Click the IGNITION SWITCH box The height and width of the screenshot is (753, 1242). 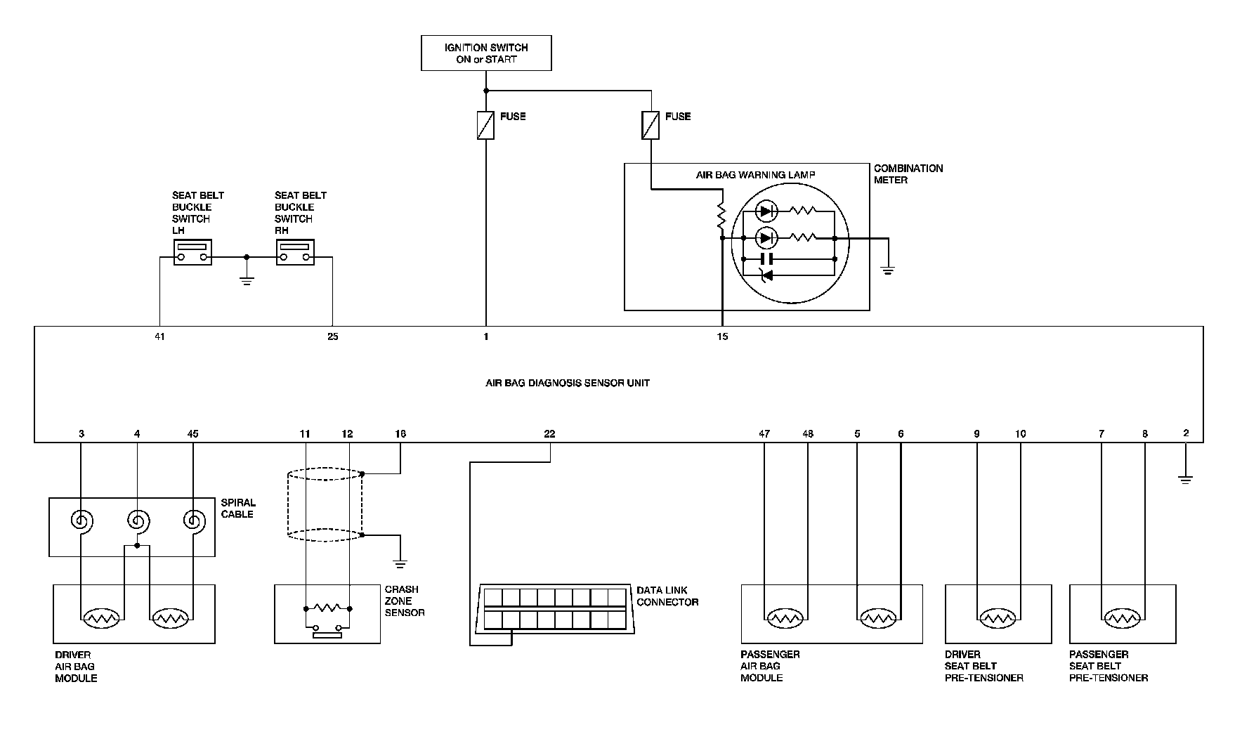pos(486,53)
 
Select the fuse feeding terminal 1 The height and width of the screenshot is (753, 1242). pos(485,125)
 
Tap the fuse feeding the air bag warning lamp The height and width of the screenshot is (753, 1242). pos(651,125)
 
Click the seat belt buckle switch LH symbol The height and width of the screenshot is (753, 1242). pos(192,252)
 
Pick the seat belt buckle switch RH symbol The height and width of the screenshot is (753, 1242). pos(295,252)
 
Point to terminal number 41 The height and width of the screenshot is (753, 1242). pos(159,336)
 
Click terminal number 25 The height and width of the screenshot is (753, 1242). pos(332,336)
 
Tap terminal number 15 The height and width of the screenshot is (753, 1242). pos(722,336)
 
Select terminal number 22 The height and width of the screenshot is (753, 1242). pos(549,434)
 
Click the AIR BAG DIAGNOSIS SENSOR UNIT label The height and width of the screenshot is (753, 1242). pos(568,384)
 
